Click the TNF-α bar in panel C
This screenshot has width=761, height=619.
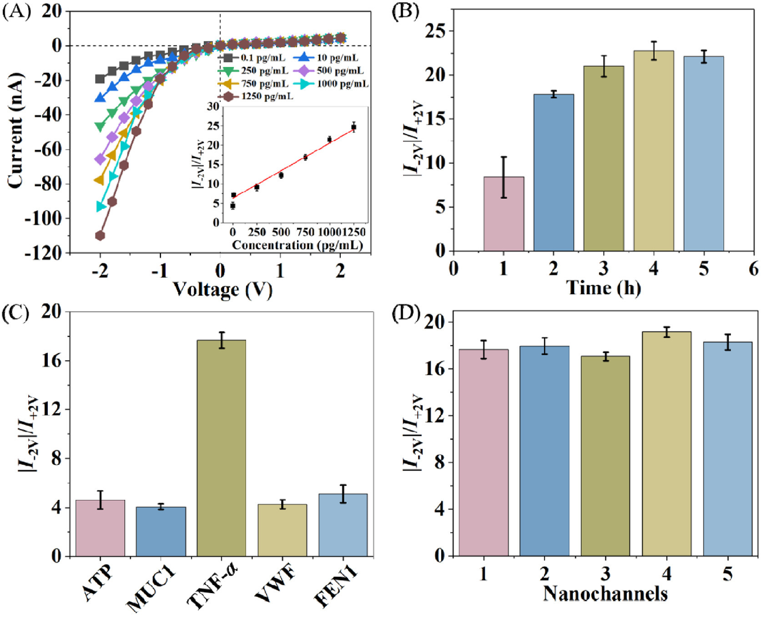point(221,448)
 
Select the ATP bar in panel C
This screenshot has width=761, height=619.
point(100,528)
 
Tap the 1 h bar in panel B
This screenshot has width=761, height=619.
point(504,214)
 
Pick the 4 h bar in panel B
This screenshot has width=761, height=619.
point(654,151)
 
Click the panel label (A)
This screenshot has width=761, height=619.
point(16,11)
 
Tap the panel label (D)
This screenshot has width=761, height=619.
point(405,314)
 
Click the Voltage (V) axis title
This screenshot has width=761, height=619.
point(222,289)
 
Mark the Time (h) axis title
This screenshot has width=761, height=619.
point(604,287)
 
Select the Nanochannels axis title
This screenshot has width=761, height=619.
point(605,594)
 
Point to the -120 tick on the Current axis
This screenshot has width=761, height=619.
point(43,253)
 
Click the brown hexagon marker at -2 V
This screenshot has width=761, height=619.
point(100,236)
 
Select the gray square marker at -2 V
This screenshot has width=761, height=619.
point(100,79)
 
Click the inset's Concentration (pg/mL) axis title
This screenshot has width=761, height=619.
point(297,245)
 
